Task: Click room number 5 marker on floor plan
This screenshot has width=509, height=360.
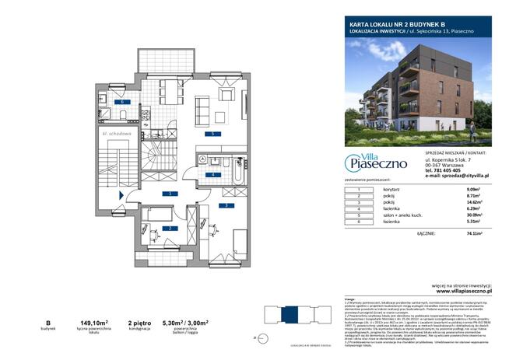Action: point(210,134)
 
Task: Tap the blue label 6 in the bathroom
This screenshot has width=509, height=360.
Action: point(121,102)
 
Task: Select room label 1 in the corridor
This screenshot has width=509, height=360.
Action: point(169,192)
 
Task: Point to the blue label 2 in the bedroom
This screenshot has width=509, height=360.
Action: point(169,228)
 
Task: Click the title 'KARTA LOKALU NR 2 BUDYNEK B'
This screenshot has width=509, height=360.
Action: point(390,24)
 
